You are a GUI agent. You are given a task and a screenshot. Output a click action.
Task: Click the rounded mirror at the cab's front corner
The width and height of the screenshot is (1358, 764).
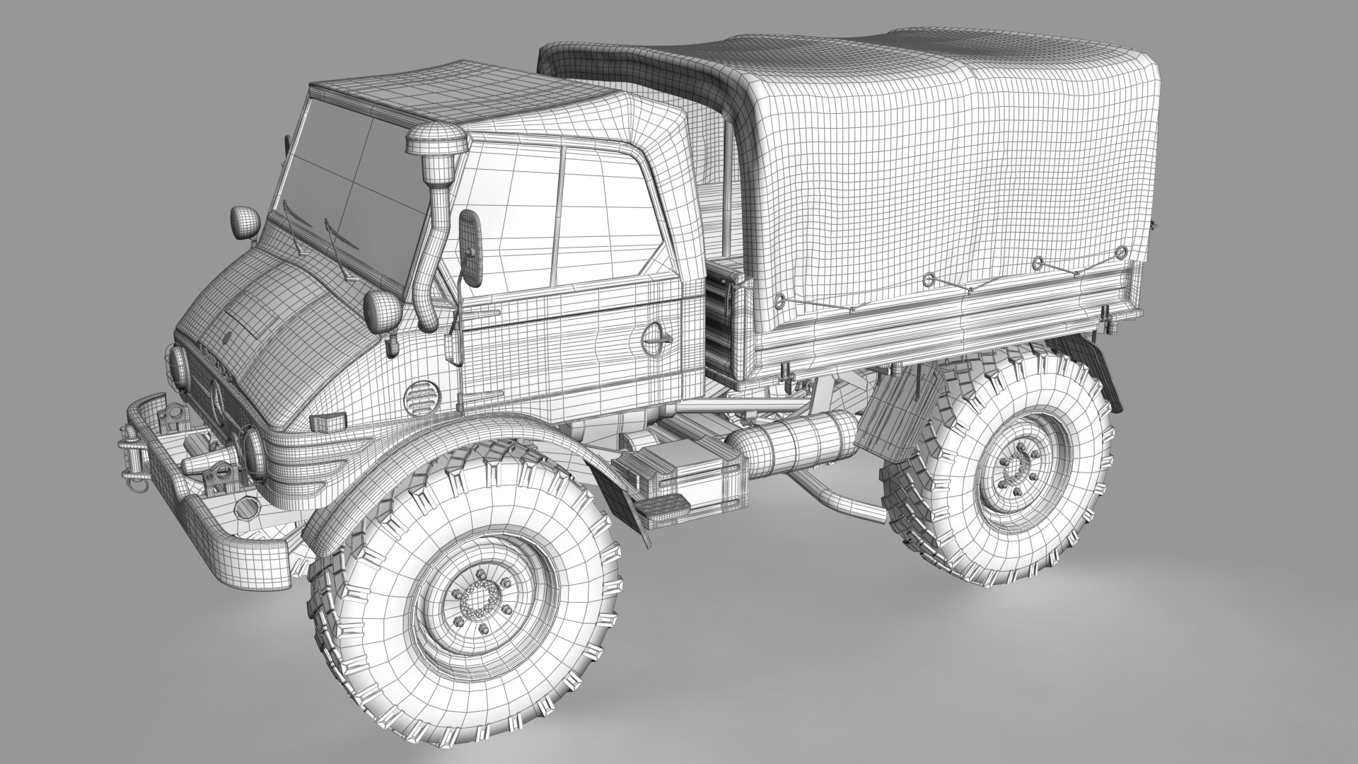(x=243, y=221)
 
